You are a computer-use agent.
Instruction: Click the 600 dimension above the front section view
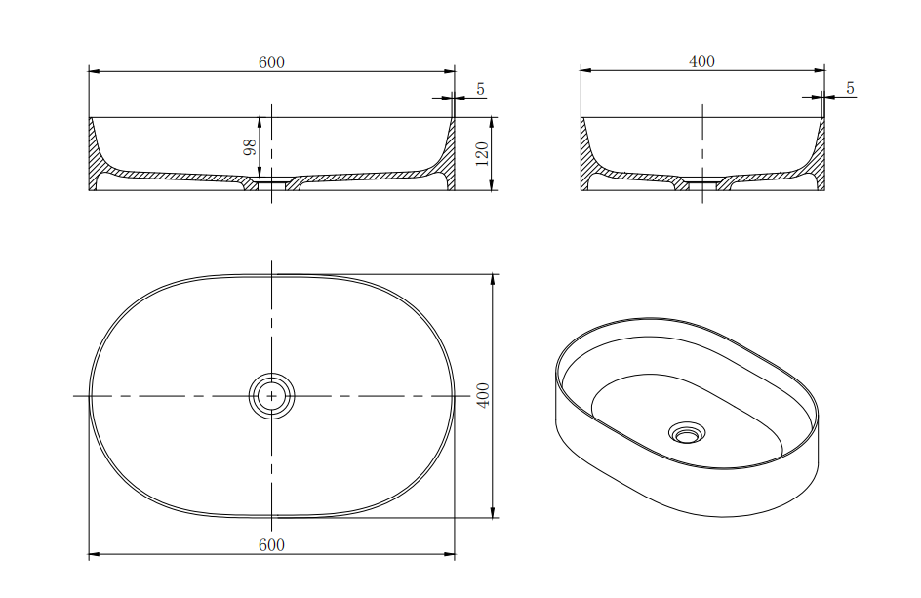pos(271,62)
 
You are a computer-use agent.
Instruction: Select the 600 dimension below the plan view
pos(271,545)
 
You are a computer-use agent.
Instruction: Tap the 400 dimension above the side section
pos(701,61)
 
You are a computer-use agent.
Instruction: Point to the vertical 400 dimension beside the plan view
pos(483,395)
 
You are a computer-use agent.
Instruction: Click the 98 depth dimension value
pos(250,147)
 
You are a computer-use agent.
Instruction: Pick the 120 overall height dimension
pos(481,153)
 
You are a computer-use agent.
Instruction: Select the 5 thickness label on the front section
pos(480,89)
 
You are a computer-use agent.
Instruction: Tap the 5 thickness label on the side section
pos(850,88)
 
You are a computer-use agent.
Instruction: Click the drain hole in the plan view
pos(271,396)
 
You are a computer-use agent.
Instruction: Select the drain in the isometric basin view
pos(689,432)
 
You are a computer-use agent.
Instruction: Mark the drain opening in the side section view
pos(702,182)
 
